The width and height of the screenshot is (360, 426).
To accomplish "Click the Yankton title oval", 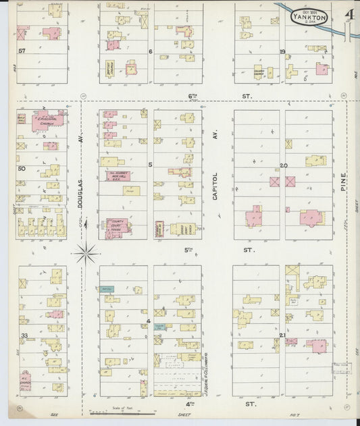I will (x=310, y=17).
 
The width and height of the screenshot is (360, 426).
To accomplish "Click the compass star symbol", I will (x=86, y=254).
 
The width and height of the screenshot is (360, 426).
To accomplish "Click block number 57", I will (x=22, y=51).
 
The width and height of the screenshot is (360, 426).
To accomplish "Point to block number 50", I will (x=22, y=168).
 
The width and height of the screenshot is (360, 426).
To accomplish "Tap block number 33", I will (x=24, y=335).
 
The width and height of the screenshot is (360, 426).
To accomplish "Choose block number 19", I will (x=282, y=51).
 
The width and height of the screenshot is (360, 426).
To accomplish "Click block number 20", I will (x=283, y=165).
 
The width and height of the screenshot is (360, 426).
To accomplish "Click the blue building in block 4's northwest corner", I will (x=107, y=288).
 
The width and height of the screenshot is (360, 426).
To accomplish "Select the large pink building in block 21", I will (x=315, y=345).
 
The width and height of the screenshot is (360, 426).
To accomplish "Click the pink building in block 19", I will (x=322, y=68).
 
